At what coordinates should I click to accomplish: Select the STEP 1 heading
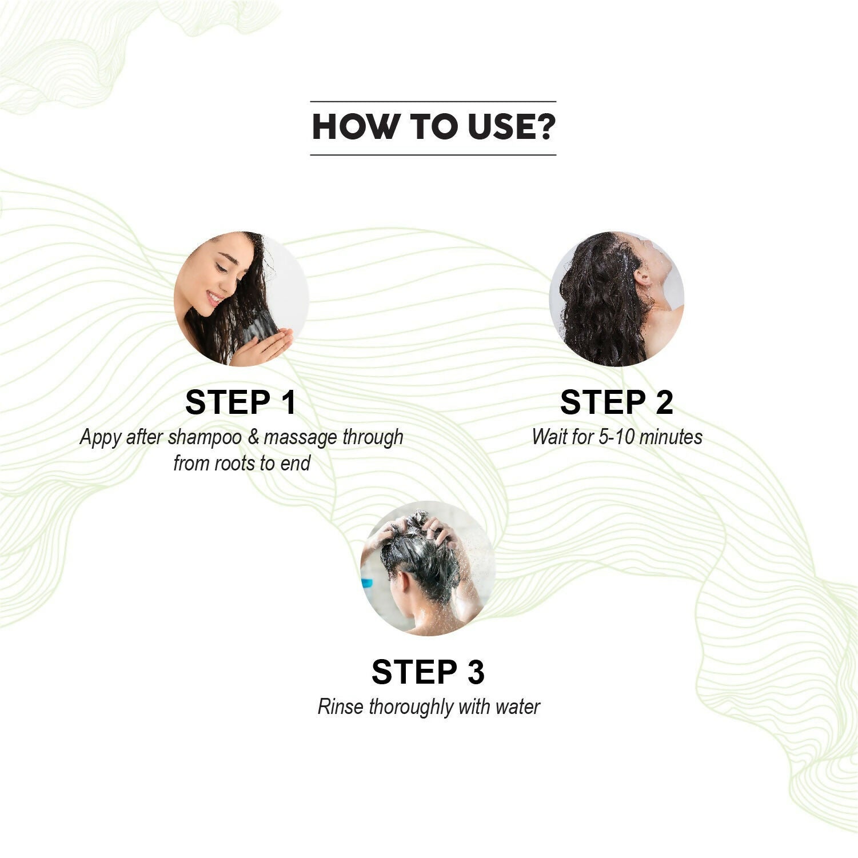[x=241, y=402]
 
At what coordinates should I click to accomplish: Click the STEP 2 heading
[x=617, y=402]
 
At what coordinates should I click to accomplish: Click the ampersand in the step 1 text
[x=253, y=437]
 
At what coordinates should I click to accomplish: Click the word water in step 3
[x=518, y=708]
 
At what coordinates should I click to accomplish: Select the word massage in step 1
[x=301, y=438]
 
